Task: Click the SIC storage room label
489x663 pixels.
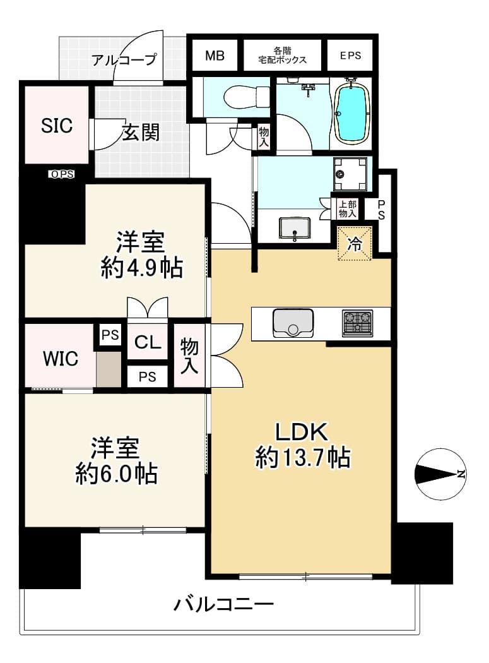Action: [57, 126]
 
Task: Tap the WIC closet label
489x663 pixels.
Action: [61, 359]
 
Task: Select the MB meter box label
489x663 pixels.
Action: [215, 56]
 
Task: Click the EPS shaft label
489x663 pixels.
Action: [350, 56]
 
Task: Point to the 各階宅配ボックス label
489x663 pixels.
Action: [282, 56]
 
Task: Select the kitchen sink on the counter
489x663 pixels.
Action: [293, 323]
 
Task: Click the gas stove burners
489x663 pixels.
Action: [358, 323]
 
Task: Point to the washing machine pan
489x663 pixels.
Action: [350, 174]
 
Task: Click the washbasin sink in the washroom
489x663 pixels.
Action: [295, 229]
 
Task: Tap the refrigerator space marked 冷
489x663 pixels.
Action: [355, 244]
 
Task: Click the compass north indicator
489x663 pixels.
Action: [440, 474]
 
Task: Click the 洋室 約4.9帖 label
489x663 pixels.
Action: [141, 255]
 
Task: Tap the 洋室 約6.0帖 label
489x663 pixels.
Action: [117, 460]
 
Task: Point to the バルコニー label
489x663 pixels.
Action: [223, 604]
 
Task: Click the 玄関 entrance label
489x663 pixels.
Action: [141, 133]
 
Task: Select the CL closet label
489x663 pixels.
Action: [148, 342]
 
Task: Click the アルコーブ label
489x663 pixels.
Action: [124, 59]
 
